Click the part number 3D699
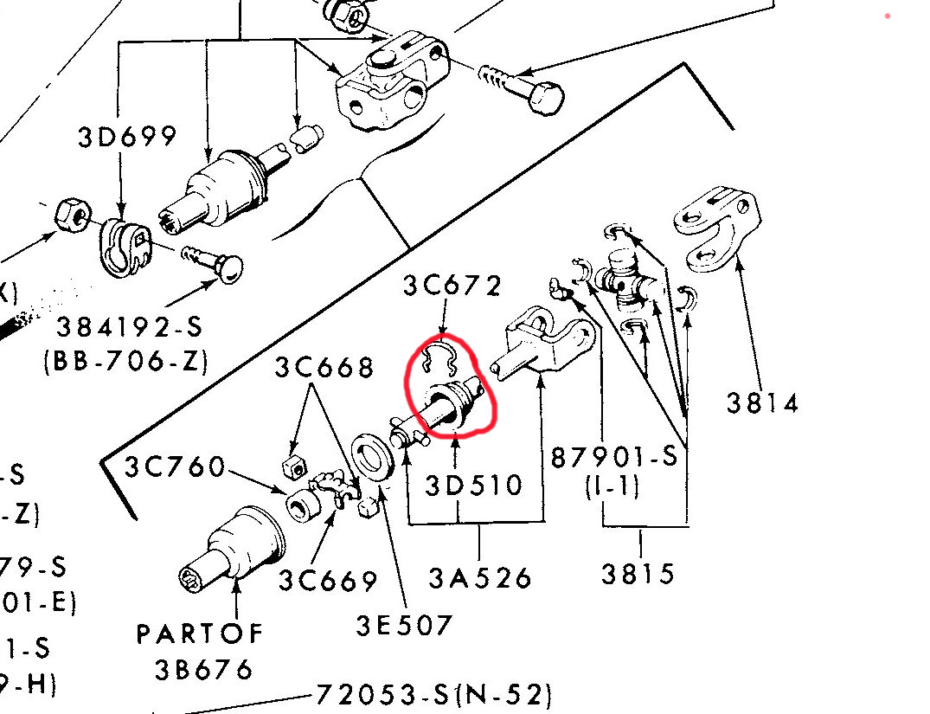click(x=127, y=136)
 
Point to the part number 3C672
click(x=451, y=285)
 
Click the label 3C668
click(x=324, y=367)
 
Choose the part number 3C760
click(x=175, y=467)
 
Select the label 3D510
click(x=474, y=485)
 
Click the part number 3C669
click(x=328, y=581)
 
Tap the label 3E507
click(x=404, y=623)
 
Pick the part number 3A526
click(x=480, y=577)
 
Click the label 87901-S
click(x=614, y=456)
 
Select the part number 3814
click(x=762, y=402)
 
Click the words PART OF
click(x=200, y=634)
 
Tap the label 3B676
click(x=204, y=669)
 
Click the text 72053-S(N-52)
click(x=433, y=694)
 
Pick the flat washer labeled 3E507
click(x=375, y=455)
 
